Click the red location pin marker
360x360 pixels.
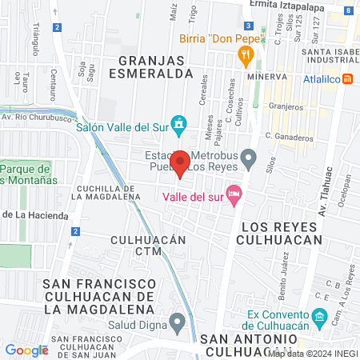point(181,163)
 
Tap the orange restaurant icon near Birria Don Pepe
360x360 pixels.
point(246,54)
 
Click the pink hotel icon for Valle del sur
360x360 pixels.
point(234,193)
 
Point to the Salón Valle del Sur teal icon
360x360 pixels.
point(181,126)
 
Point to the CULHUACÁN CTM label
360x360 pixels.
point(148,245)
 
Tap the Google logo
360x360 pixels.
point(26,350)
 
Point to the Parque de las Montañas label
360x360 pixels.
point(26,174)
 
